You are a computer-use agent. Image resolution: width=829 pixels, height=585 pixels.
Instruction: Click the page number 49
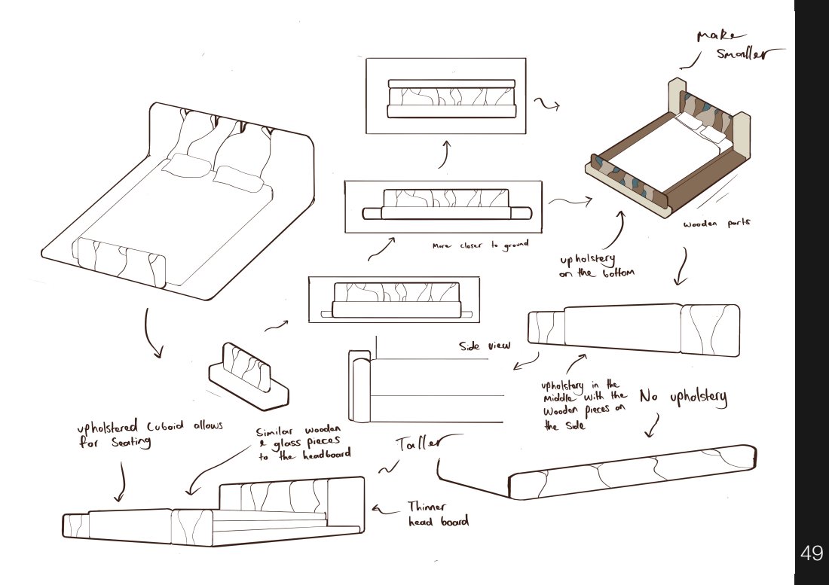811,553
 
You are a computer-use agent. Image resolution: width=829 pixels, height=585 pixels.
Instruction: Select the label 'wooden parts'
716,224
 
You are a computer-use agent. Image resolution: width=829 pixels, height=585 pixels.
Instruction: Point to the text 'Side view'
485,346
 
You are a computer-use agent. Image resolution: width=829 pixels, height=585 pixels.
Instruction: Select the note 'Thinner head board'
438,514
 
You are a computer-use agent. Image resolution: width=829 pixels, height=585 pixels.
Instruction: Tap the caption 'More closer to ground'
479,245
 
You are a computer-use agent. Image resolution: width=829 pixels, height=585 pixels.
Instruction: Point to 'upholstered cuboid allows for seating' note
150,434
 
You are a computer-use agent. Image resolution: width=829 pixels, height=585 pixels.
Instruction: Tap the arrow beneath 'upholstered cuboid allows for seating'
121,482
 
